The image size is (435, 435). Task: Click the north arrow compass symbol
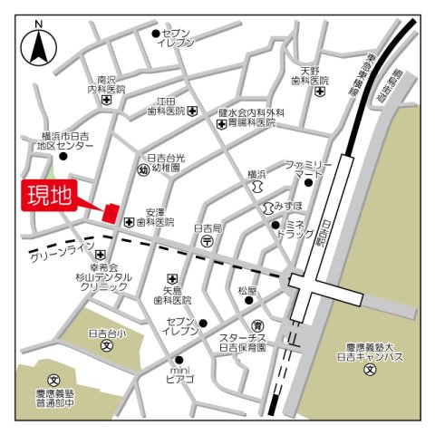click(x=39, y=45)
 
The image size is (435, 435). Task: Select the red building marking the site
click(x=111, y=214)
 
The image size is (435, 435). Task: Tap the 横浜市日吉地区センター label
click(x=65, y=139)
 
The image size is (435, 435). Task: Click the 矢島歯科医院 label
click(x=172, y=294)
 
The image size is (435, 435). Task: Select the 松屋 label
click(x=247, y=291)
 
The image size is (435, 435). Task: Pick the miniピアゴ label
click(x=179, y=374)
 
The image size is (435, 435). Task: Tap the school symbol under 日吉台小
click(x=106, y=345)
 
